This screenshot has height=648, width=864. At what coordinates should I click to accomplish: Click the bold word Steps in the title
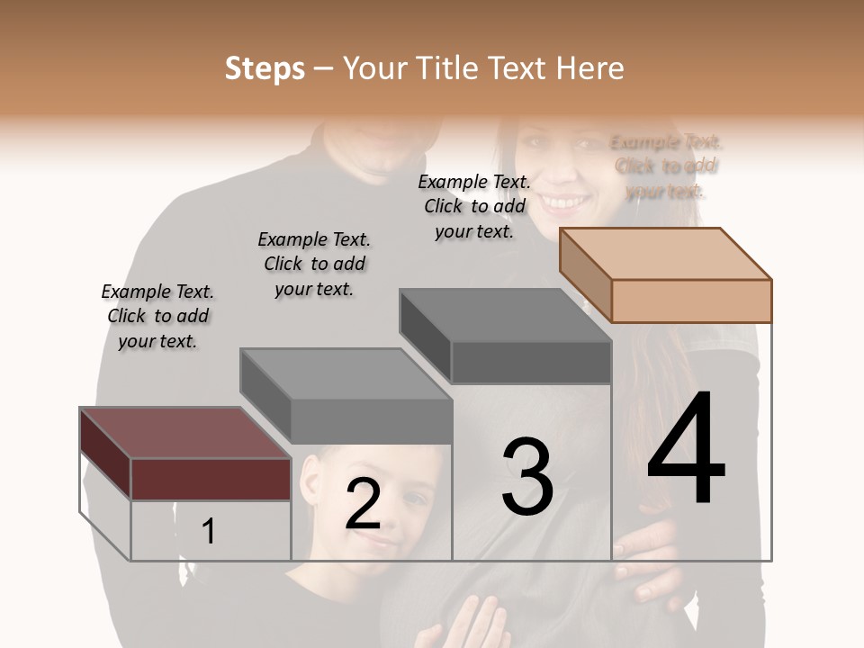(x=265, y=68)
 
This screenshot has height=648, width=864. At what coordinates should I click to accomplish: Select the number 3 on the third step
(x=526, y=477)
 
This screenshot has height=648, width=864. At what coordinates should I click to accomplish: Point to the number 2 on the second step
(x=363, y=504)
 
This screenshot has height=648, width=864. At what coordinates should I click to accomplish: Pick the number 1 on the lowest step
(x=208, y=532)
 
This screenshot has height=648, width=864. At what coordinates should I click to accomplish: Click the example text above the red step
(x=157, y=316)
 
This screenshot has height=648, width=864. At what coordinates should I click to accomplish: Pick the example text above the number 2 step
(x=314, y=264)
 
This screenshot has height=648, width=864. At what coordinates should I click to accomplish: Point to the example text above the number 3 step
(x=474, y=206)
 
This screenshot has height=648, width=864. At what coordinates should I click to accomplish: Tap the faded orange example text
(x=666, y=166)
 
